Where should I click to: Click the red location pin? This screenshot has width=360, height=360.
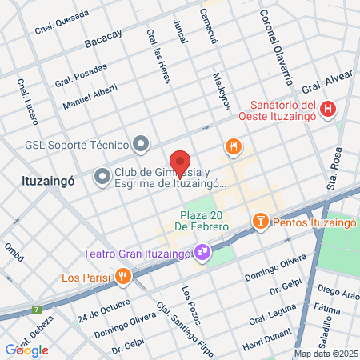coord(180,164)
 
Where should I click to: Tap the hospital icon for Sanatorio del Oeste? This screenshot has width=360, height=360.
coord(326,110)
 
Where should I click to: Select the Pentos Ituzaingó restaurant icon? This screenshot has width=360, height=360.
coord(260,221)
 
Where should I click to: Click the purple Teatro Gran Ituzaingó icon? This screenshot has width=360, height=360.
coord(203,254)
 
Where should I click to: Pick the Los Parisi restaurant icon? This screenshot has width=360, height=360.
coord(122,278)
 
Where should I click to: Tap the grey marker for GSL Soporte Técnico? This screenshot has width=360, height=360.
coord(142,144)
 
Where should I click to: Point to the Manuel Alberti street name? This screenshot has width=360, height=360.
coord(90,98)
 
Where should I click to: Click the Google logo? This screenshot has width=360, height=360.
coord(26,350)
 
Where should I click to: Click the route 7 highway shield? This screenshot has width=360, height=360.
coord(35,310)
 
